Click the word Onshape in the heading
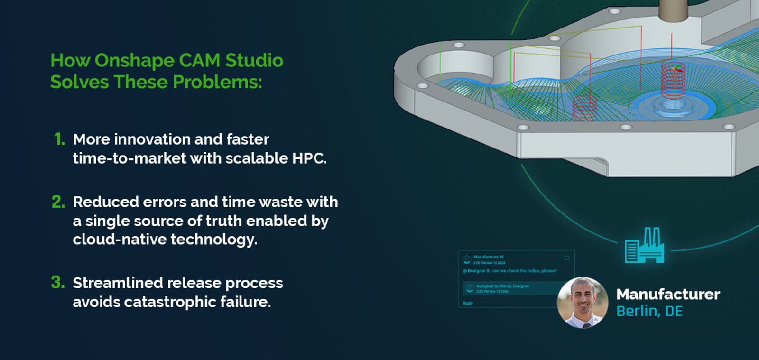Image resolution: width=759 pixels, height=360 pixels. pyautogui.click(x=134, y=61)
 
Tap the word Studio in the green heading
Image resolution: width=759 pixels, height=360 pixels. pyautogui.click(x=254, y=61)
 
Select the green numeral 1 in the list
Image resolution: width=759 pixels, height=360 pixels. pyautogui.click(x=59, y=139)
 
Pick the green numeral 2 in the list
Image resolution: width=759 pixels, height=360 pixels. pyautogui.click(x=58, y=202)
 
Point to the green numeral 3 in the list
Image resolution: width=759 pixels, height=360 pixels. pyautogui.click(x=57, y=283)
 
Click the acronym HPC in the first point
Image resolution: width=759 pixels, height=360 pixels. pyautogui.click(x=308, y=158)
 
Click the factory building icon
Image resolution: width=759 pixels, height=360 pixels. pyautogui.click(x=644, y=246)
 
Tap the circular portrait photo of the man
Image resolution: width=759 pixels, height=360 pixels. pyautogui.click(x=583, y=303)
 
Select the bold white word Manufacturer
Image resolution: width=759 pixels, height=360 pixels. pyautogui.click(x=668, y=295)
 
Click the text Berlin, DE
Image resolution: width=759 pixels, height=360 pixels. pyautogui.click(x=649, y=312)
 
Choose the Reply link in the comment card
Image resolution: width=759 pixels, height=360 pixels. pyautogui.click(x=468, y=303)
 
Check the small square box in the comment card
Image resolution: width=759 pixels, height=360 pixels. pyautogui.click(x=566, y=258)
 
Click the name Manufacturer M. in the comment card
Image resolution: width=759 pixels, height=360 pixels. pyautogui.click(x=489, y=257)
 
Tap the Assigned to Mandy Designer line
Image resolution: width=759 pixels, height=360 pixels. pyautogui.click(x=502, y=286)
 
